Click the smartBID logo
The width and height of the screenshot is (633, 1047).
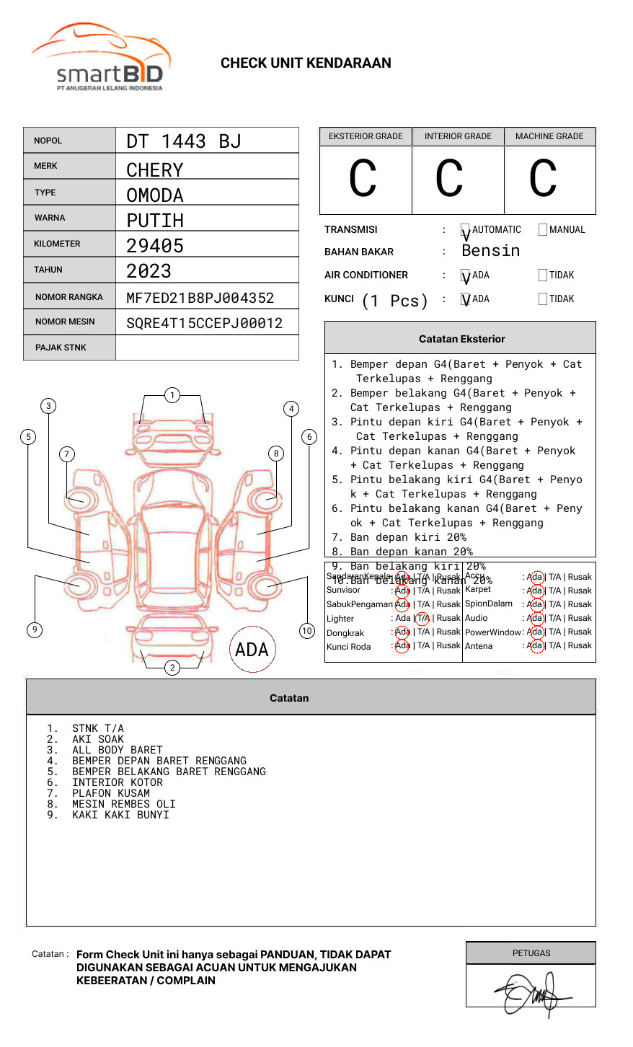(102, 58)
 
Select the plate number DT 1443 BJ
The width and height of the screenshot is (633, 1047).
(183, 141)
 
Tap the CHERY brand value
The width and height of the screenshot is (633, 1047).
(154, 170)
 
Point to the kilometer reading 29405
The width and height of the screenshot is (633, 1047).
(154, 246)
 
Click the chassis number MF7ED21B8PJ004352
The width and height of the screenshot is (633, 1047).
(200, 298)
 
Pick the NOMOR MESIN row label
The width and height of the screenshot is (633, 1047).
(65, 322)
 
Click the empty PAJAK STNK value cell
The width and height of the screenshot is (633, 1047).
(207, 348)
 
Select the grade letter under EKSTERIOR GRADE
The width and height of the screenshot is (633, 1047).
(363, 178)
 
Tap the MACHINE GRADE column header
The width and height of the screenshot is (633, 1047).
(549, 136)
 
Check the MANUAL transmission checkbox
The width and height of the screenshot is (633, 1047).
(543, 230)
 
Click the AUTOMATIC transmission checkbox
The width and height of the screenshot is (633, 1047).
(465, 230)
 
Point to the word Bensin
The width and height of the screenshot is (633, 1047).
(490, 251)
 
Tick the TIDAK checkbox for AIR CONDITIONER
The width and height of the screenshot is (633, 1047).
(543, 275)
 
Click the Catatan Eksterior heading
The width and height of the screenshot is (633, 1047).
(461, 339)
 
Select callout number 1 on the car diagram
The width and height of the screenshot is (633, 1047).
(172, 395)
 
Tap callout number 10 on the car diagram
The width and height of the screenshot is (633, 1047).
(307, 631)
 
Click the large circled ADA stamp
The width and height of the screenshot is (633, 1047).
(252, 650)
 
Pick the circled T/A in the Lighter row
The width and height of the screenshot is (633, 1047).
(422, 618)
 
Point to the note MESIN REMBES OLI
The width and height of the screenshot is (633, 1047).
(123, 804)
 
